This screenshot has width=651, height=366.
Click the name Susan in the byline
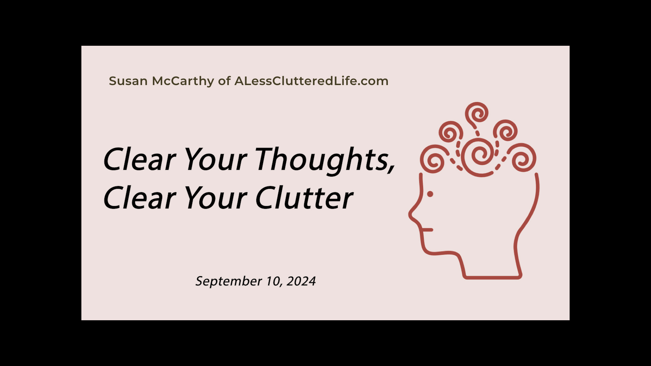(x=128, y=81)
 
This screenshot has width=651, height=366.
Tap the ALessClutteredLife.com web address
(x=311, y=81)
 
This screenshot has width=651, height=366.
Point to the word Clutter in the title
(x=304, y=197)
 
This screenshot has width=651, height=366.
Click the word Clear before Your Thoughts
(x=139, y=159)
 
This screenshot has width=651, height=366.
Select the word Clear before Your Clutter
(x=139, y=197)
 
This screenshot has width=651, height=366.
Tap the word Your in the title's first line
(x=216, y=159)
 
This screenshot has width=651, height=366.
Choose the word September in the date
(x=229, y=282)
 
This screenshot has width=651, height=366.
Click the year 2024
(x=301, y=281)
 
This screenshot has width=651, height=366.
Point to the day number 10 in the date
(x=273, y=281)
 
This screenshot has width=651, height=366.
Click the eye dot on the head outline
(x=430, y=194)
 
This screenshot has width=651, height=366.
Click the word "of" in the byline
(x=224, y=81)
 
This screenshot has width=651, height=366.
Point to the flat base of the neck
(x=493, y=278)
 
